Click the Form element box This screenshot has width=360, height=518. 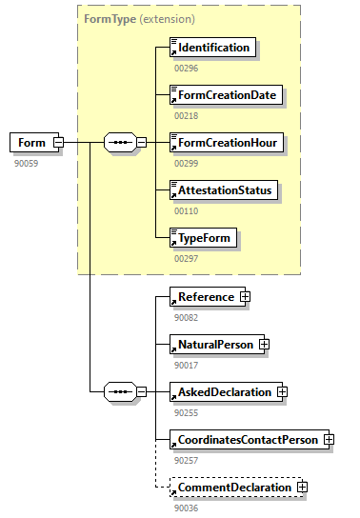pos(31,143)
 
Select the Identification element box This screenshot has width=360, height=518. pos(212,48)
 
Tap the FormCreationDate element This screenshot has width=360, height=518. pos(225,95)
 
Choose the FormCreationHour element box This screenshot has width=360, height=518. pos(226,143)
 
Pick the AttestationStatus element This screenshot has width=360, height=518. pos(224,190)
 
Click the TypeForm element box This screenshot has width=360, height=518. pos(203,238)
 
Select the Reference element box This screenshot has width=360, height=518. pos(204,297)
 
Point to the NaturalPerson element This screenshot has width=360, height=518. pos(214,345)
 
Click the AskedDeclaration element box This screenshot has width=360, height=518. pos(224,391)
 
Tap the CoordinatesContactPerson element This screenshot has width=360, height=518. pos(245,440)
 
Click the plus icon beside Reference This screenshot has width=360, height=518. pos(245,297)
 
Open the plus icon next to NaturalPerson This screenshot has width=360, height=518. pos(265,345)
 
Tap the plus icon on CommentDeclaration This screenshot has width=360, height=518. pos(303,488)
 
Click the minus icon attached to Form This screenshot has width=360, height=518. pos(58,143)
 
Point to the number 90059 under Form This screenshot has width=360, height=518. pos(26,163)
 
